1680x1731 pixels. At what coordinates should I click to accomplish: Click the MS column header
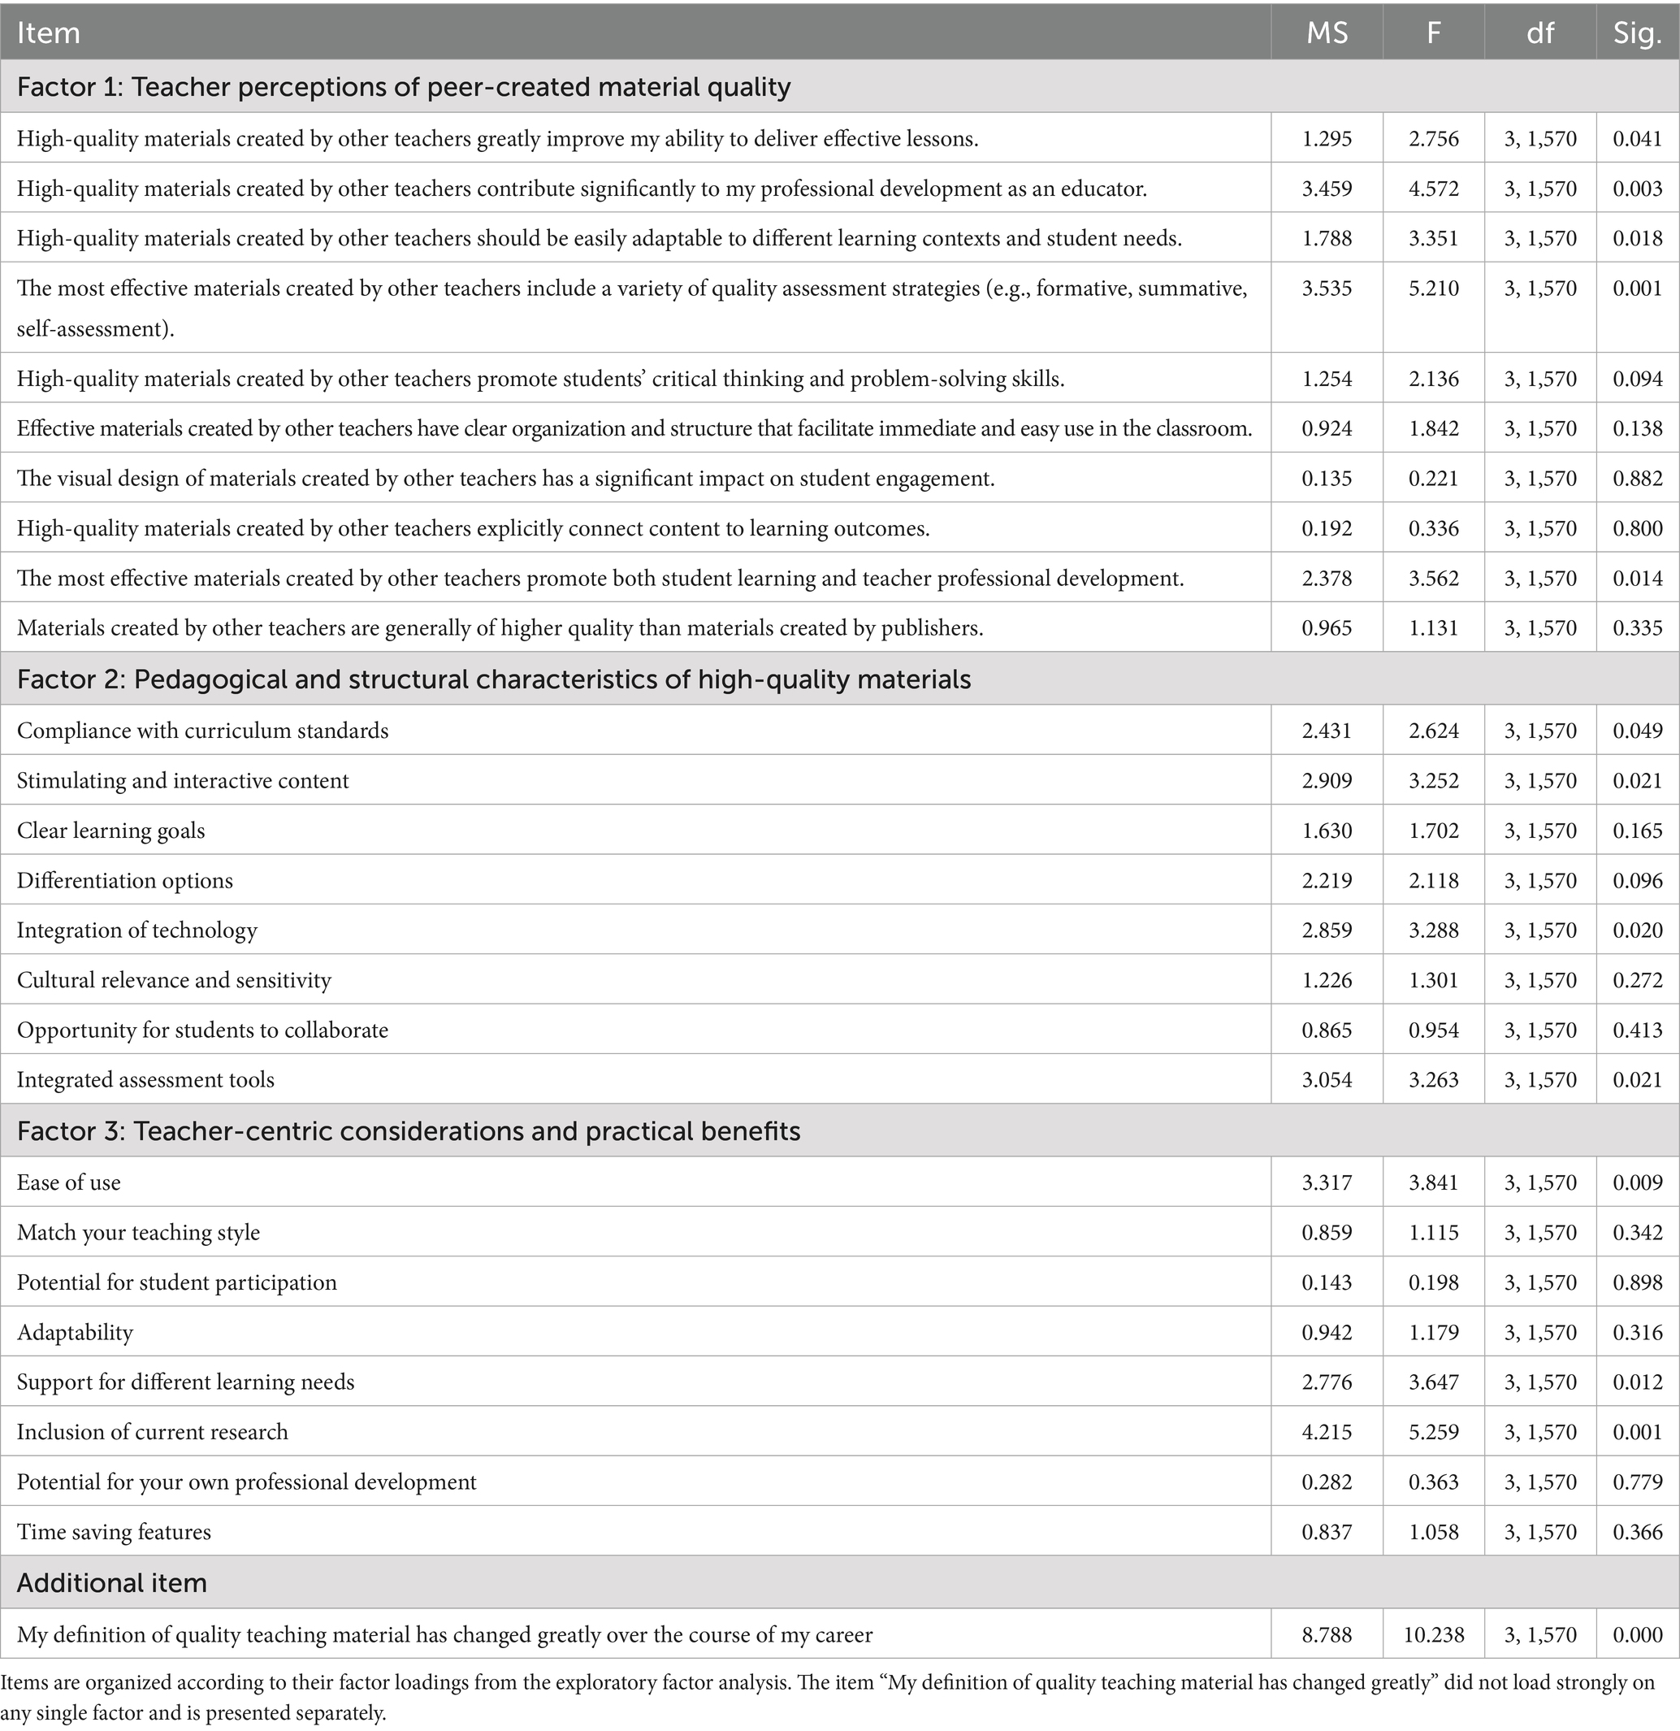click(x=1327, y=33)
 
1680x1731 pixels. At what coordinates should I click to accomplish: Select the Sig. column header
click(x=1638, y=33)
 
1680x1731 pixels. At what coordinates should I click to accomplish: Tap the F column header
click(x=1434, y=33)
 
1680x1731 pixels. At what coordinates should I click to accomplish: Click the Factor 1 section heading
click(x=404, y=86)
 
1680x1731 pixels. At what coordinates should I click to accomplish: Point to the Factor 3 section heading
click(x=409, y=1131)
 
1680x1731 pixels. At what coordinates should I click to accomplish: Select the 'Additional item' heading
click(x=112, y=1582)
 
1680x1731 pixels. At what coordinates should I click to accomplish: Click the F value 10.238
click(x=1434, y=1635)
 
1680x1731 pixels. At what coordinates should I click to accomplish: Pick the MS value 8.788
click(x=1327, y=1635)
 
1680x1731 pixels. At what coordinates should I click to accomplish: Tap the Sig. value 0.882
click(x=1638, y=478)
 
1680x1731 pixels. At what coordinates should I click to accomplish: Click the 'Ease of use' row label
click(x=69, y=1182)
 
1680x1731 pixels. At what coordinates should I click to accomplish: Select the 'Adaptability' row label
click(x=75, y=1332)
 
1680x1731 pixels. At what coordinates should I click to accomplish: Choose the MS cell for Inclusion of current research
click(x=1327, y=1432)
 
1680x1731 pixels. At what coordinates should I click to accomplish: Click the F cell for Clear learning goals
click(x=1434, y=831)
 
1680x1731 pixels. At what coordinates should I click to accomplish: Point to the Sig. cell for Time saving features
click(x=1638, y=1531)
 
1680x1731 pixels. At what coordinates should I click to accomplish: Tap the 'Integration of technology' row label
click(x=136, y=930)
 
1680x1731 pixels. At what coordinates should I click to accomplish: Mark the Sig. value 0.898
click(x=1638, y=1282)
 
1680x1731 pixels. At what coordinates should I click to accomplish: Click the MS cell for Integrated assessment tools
click(x=1327, y=1079)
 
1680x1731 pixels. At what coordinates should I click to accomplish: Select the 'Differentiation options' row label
click(x=124, y=880)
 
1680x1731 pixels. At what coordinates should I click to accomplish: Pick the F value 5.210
click(x=1434, y=288)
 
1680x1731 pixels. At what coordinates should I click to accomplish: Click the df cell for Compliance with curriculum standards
click(x=1540, y=731)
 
